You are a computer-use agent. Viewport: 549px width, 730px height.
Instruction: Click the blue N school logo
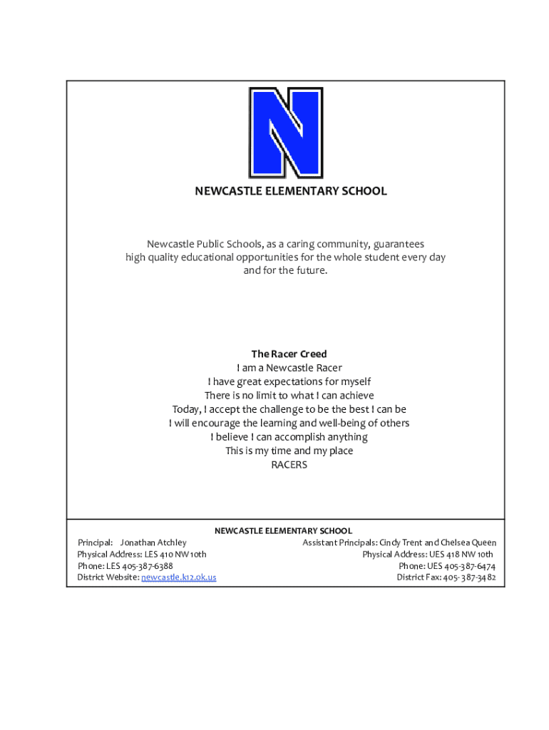(285, 133)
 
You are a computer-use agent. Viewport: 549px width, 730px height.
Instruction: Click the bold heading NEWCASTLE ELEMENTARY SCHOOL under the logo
(292, 191)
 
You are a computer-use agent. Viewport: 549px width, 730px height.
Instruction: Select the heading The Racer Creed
(289, 354)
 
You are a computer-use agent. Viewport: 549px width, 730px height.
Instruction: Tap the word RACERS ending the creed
(289, 465)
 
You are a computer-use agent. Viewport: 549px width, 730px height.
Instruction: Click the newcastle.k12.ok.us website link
(179, 577)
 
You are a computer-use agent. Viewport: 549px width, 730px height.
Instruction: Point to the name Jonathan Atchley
(153, 543)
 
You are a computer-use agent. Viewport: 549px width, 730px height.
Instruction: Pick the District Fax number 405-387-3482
(470, 577)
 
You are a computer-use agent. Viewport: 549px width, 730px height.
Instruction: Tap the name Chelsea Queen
(468, 543)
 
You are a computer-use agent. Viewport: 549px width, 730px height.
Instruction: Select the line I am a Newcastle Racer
(289, 368)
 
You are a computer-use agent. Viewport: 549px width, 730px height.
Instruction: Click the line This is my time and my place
(289, 451)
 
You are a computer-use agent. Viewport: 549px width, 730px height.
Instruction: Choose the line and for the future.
(285, 271)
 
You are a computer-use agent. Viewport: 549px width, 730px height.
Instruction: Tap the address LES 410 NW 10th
(175, 554)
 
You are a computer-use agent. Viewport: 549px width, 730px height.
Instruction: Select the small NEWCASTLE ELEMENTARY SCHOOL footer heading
(284, 531)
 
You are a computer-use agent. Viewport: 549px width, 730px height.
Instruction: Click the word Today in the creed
(187, 409)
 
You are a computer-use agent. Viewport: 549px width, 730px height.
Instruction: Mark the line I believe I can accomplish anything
(289, 437)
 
